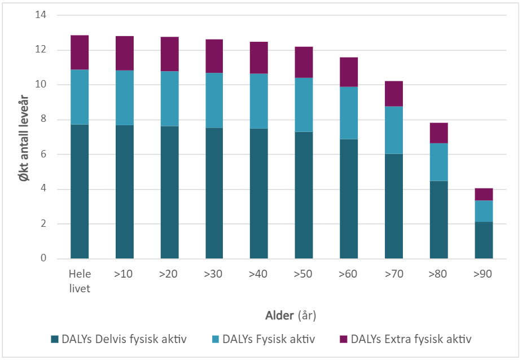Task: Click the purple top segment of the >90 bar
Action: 484,194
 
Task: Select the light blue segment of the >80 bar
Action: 438,162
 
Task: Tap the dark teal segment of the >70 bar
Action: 394,206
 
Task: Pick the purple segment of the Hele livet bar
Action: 80,52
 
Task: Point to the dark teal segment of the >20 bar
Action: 169,192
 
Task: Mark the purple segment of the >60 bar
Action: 349,72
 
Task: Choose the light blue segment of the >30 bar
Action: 214,100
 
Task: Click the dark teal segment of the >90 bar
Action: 484,240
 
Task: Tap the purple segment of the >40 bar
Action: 259,58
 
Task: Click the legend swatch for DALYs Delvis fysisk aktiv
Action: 55,339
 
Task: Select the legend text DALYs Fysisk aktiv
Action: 269,339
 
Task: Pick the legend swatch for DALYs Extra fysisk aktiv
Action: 344,339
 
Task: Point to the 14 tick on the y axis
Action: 40,15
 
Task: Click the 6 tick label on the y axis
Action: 42,154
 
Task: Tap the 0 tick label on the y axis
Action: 42,258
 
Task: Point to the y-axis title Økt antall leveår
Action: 21,137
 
